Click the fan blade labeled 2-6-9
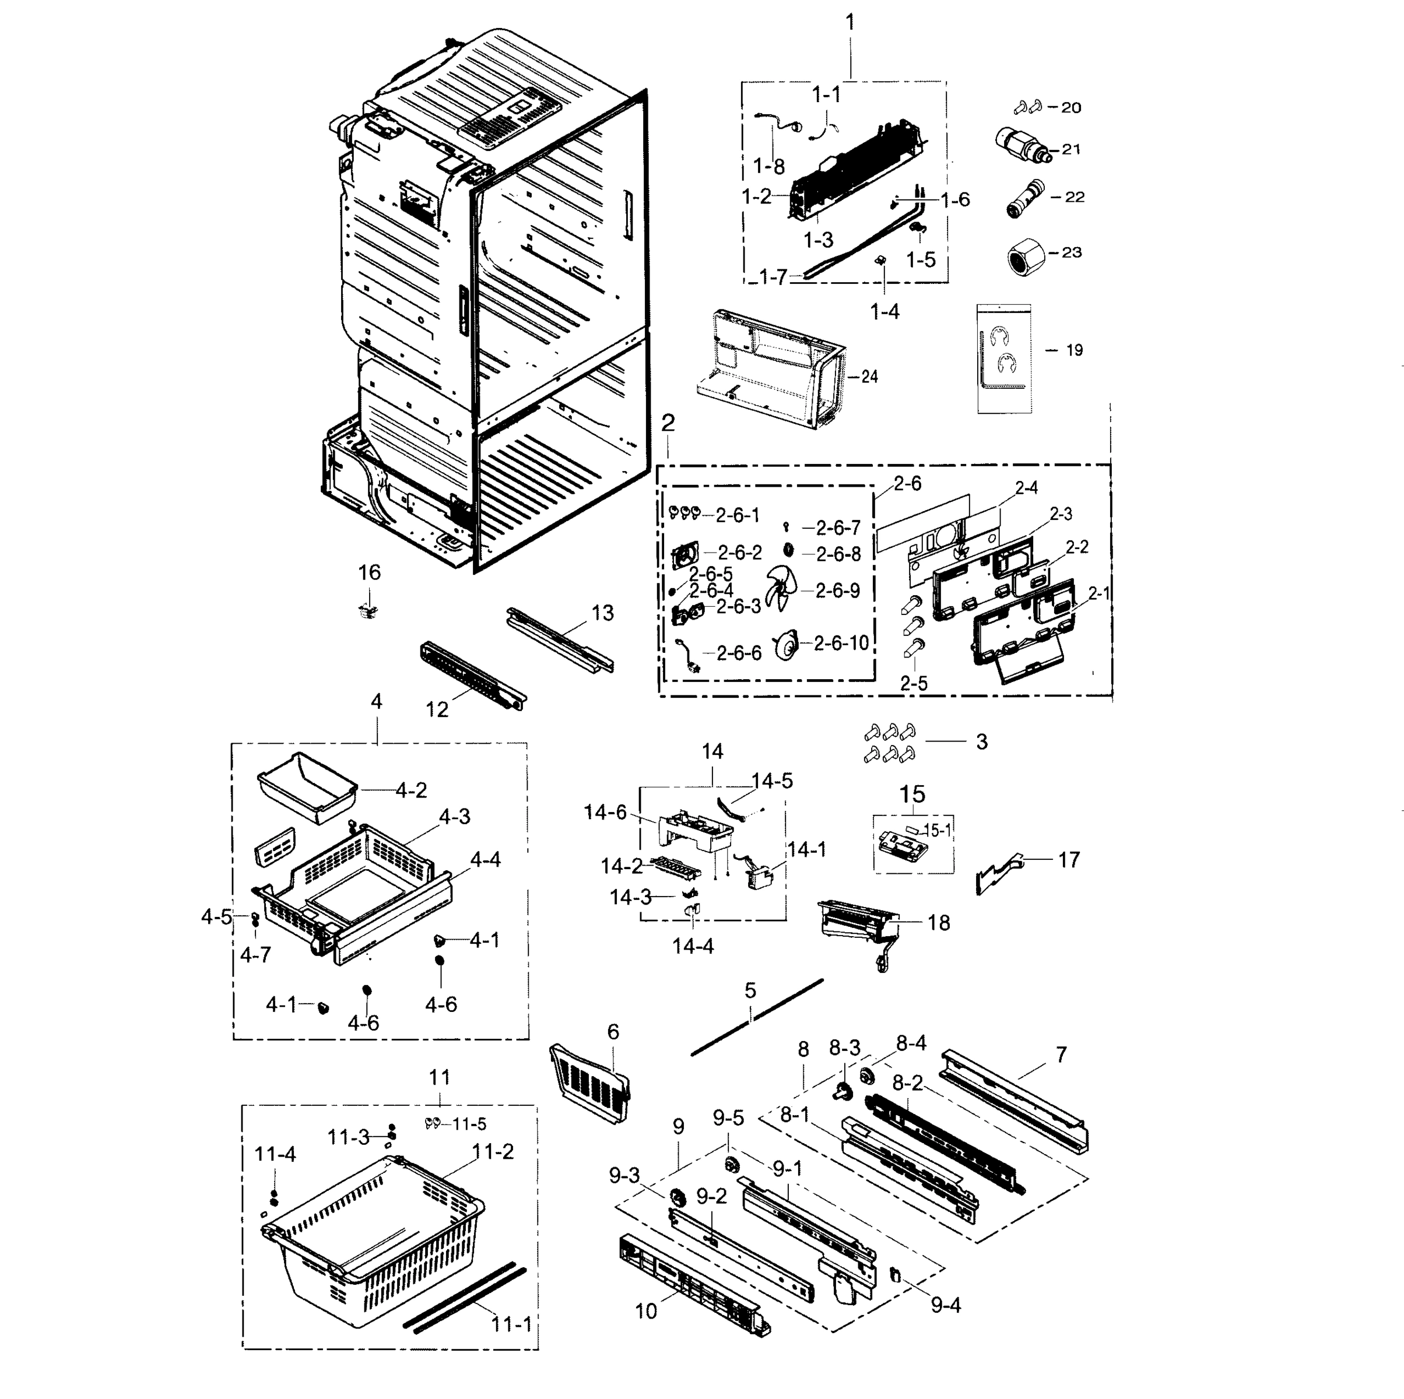[x=782, y=589]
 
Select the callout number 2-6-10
[x=841, y=643]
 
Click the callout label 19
[x=1074, y=350]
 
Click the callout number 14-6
[x=605, y=812]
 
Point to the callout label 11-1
[x=511, y=1324]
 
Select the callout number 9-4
[x=946, y=1305]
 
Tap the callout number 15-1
[x=937, y=830]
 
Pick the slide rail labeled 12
[x=472, y=673]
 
